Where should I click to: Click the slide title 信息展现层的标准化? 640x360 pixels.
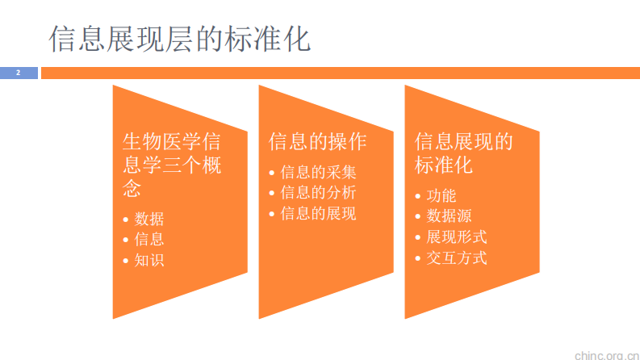pos(180,38)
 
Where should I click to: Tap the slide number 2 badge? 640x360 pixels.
pos(18,73)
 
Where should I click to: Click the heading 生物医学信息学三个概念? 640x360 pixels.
pos(171,165)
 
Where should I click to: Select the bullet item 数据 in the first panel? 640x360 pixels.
pos(149,218)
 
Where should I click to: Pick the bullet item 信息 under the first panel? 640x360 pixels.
pos(149,239)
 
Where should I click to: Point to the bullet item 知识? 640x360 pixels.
pos(149,260)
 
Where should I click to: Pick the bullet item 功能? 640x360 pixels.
pos(441,195)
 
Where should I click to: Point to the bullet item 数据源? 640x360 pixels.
pos(449,216)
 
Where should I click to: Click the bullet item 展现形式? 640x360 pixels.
pos(456,237)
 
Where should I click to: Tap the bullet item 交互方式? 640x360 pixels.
pos(456,258)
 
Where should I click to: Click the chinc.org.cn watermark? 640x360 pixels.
pos(604,353)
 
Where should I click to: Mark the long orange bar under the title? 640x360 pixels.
pos(339,73)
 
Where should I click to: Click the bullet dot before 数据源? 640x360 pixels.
pos(417,217)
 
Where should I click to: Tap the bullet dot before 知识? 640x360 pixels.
pos(125,261)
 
